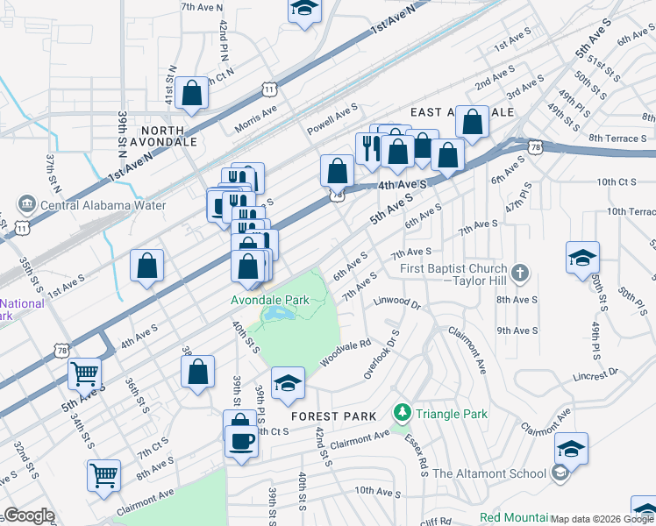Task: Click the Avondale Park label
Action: [269, 300]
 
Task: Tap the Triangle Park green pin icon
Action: [402, 411]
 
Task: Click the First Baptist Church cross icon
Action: [521, 273]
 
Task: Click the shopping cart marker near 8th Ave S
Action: [103, 476]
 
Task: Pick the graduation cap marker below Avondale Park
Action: [288, 382]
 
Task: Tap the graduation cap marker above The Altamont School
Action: [571, 449]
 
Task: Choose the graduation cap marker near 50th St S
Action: [582, 258]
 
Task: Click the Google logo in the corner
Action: [29, 515]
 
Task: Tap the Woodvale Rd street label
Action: [346, 352]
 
